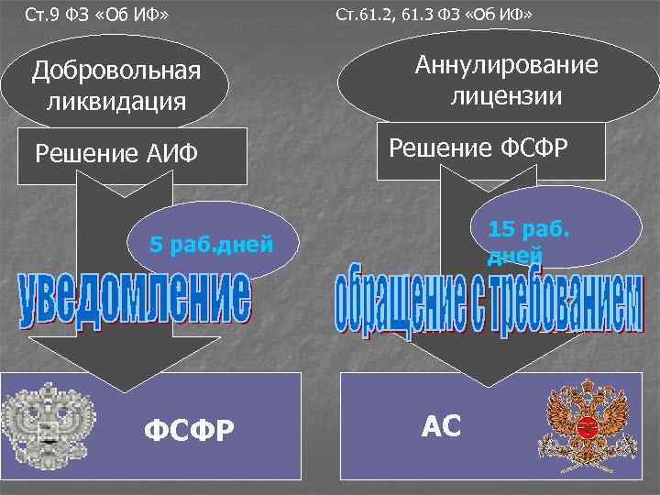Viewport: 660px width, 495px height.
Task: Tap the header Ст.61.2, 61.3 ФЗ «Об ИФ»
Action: click(434, 16)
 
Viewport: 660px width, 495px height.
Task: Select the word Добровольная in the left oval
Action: click(115, 71)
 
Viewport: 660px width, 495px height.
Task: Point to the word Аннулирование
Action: click(506, 65)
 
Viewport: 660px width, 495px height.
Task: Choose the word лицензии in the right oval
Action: click(506, 94)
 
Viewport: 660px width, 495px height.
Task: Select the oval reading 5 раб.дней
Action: click(212, 244)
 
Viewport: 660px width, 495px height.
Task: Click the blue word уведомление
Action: click(133, 298)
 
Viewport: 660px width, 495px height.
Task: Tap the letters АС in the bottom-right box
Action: click(441, 424)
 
